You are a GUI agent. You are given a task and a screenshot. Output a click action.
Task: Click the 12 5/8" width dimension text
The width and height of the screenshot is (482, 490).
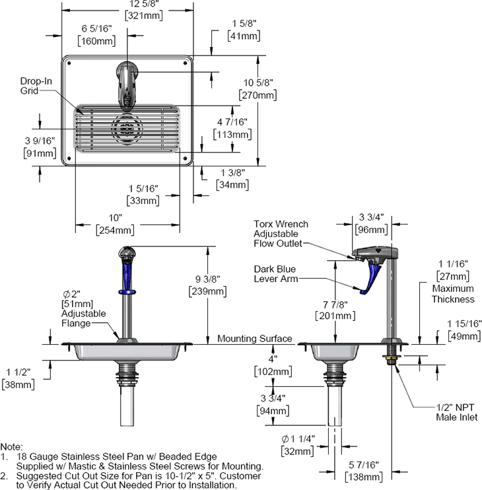click(144, 4)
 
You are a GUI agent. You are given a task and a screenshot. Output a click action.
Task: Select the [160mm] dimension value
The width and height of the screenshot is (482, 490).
click(96, 41)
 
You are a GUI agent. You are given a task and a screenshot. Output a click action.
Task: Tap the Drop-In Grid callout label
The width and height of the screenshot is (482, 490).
click(36, 86)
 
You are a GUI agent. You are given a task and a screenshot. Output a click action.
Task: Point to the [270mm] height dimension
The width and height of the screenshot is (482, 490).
click(258, 95)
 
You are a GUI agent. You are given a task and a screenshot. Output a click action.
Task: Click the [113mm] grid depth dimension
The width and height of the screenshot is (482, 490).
click(232, 135)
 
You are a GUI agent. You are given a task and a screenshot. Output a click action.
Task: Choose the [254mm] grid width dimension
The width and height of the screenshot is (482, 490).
click(115, 230)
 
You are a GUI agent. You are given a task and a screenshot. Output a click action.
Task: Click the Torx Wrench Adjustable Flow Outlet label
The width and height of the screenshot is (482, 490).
click(281, 234)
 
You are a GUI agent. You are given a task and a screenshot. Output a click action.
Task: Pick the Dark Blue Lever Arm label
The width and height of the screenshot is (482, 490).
click(276, 274)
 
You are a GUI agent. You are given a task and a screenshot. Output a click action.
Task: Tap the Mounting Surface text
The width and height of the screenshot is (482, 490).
click(255, 338)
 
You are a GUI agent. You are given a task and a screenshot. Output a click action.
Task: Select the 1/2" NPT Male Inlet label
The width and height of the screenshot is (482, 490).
click(457, 412)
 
